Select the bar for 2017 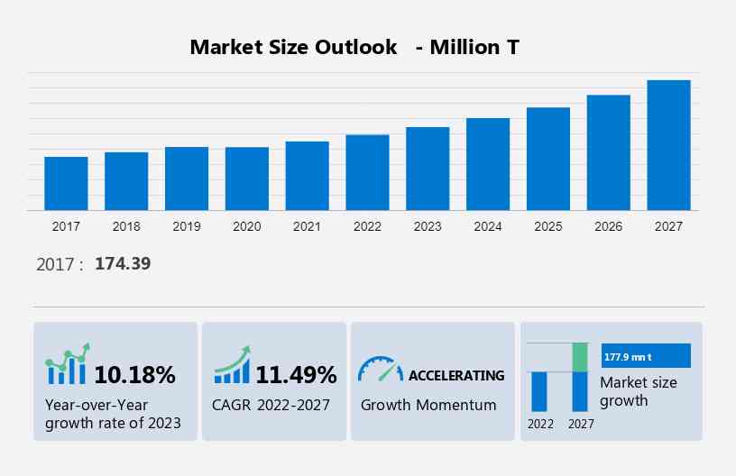[x=66, y=184]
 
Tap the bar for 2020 [x=247, y=178]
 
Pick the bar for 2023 [x=428, y=169]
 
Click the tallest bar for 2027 [x=668, y=145]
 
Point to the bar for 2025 [x=548, y=159]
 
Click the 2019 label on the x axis [x=187, y=226]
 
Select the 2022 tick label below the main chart [x=367, y=226]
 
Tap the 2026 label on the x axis [x=609, y=226]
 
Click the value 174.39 [x=123, y=264]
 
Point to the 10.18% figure [x=135, y=374]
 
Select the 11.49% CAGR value [x=296, y=374]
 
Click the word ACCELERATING [x=456, y=375]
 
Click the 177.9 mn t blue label [x=645, y=356]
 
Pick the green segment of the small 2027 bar [x=580, y=357]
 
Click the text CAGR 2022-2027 [x=271, y=405]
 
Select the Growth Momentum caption [x=428, y=405]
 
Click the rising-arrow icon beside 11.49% [x=232, y=365]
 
